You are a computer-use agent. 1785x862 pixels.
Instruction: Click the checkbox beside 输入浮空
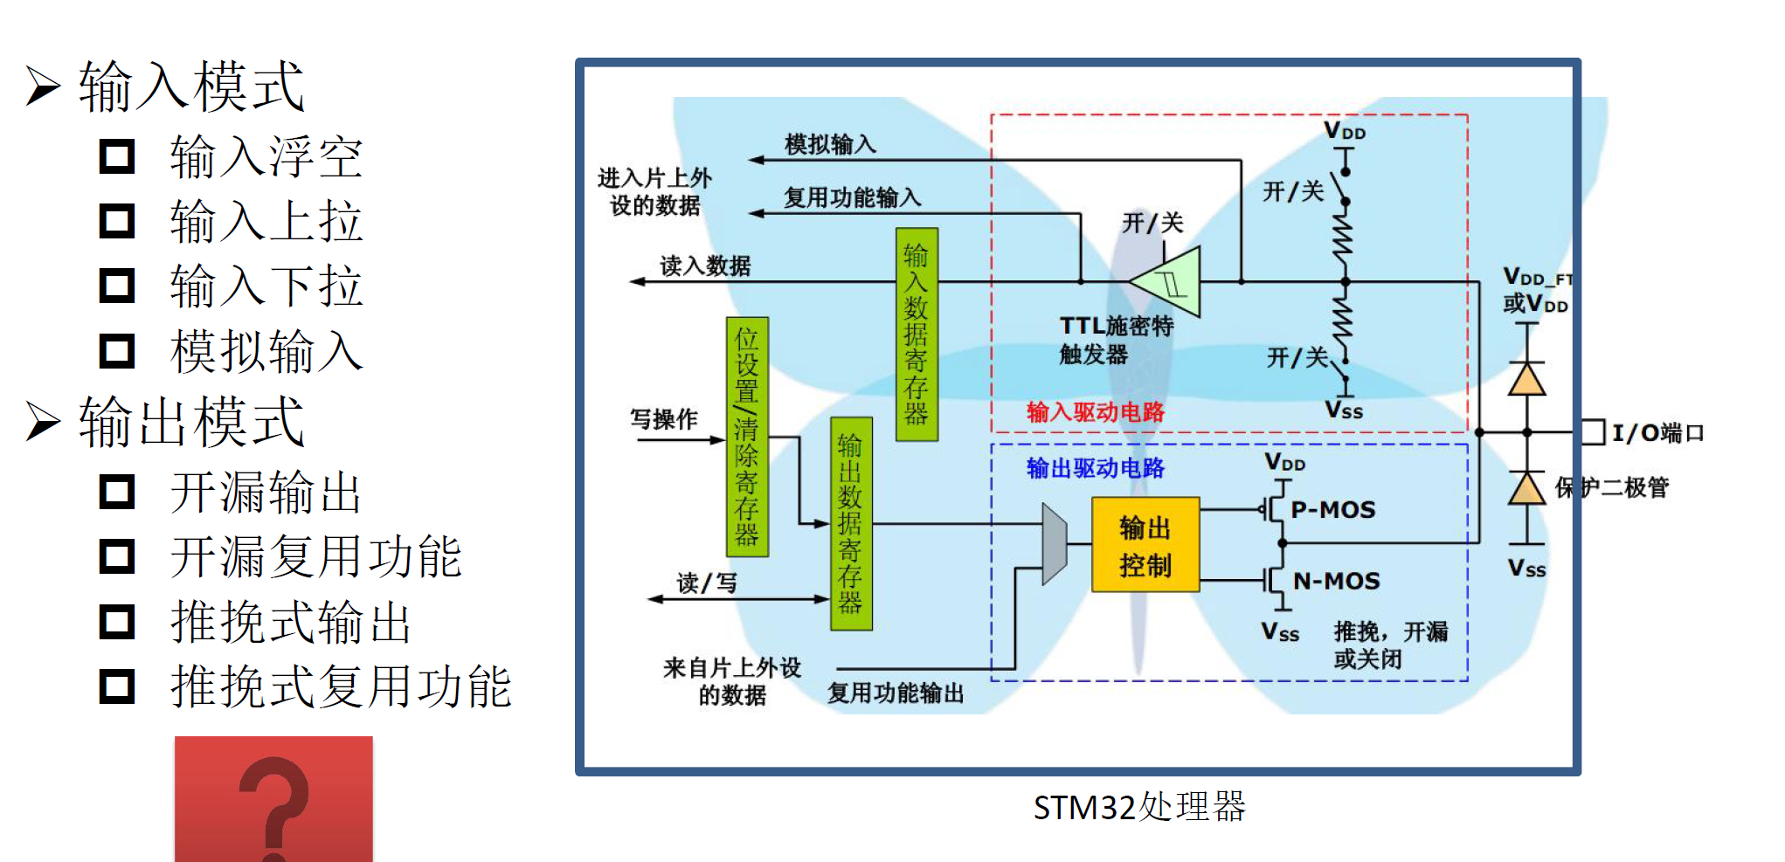point(117,156)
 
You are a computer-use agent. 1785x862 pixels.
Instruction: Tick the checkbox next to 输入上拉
point(117,221)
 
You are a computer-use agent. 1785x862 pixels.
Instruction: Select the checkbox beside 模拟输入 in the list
point(117,351)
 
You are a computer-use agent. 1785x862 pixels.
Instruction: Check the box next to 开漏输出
point(117,492)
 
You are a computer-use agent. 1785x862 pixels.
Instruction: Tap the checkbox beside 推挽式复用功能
point(117,686)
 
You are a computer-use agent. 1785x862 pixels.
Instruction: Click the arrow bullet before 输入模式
point(43,86)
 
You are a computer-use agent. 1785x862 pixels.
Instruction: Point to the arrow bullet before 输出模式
point(43,421)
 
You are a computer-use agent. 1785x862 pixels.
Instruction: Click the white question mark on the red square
point(274,809)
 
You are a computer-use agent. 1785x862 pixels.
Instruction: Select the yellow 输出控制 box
point(1145,545)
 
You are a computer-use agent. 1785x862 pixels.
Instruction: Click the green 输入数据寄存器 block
point(917,334)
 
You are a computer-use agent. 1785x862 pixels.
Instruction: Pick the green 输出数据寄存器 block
point(851,524)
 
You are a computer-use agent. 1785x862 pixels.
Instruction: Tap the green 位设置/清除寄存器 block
point(747,437)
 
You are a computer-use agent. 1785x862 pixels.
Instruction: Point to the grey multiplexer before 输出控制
point(1055,543)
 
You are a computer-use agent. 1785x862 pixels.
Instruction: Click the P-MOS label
point(1333,510)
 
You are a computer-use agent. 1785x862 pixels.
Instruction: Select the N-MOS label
point(1337,581)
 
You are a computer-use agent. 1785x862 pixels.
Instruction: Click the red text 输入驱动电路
point(1096,412)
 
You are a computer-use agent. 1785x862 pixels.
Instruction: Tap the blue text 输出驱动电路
point(1096,468)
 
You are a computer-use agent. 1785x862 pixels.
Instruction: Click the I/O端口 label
point(1657,433)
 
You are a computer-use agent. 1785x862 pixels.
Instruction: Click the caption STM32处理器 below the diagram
point(1139,807)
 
